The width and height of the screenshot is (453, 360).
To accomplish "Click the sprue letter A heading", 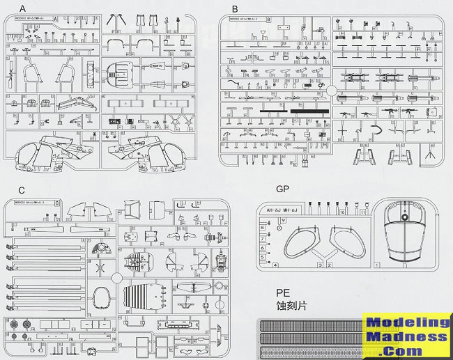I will [22, 8].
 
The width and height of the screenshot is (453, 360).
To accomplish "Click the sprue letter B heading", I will [235, 8].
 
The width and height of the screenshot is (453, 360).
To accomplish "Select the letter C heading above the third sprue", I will [22, 189].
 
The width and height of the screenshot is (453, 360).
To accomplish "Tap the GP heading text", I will [283, 189].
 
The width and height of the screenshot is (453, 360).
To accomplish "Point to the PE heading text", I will [283, 294].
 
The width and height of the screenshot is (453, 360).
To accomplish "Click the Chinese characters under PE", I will [291, 306].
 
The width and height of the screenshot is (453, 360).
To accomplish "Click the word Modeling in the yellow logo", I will [408, 322].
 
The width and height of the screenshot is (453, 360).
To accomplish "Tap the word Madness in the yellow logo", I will [408, 337].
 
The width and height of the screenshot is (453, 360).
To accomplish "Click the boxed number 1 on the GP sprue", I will [378, 265].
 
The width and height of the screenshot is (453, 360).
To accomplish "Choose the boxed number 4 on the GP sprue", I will [276, 265].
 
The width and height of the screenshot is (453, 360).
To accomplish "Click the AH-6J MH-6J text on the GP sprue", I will [289, 210].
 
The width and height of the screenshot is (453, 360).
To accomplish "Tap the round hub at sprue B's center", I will [332, 90].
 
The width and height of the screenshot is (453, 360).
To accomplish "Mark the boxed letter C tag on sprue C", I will [56, 203].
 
